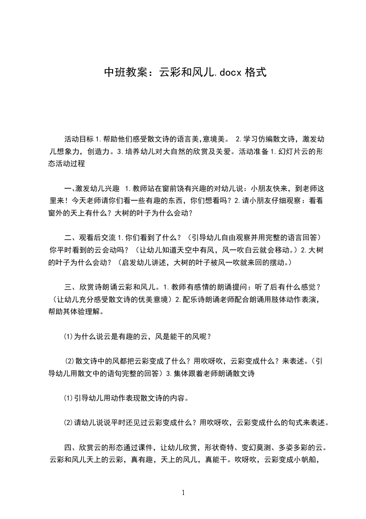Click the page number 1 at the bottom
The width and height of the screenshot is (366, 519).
click(183, 493)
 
